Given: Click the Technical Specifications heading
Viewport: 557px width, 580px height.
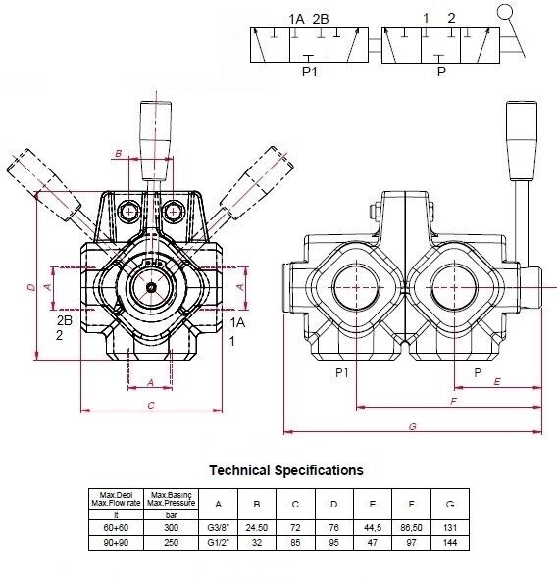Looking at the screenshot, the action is pyautogui.click(x=286, y=470).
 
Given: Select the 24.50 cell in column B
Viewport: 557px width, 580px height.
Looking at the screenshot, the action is pyautogui.click(x=257, y=527).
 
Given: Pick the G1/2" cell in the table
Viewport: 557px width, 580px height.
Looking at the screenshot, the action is pyautogui.click(x=218, y=542).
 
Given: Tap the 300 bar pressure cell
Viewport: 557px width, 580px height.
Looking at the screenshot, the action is pyautogui.click(x=171, y=527).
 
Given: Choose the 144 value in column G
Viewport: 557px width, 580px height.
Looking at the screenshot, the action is pyautogui.click(x=450, y=542).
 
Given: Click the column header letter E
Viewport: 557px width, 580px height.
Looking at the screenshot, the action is pyautogui.click(x=373, y=504).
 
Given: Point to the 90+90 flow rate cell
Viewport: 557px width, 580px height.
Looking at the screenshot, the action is pyautogui.click(x=116, y=542).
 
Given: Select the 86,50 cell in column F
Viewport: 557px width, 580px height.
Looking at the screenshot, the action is pyautogui.click(x=411, y=527).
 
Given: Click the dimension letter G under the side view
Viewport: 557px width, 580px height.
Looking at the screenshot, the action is pyautogui.click(x=413, y=426).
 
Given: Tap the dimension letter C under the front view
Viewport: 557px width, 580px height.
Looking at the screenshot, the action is pyautogui.click(x=151, y=406).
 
